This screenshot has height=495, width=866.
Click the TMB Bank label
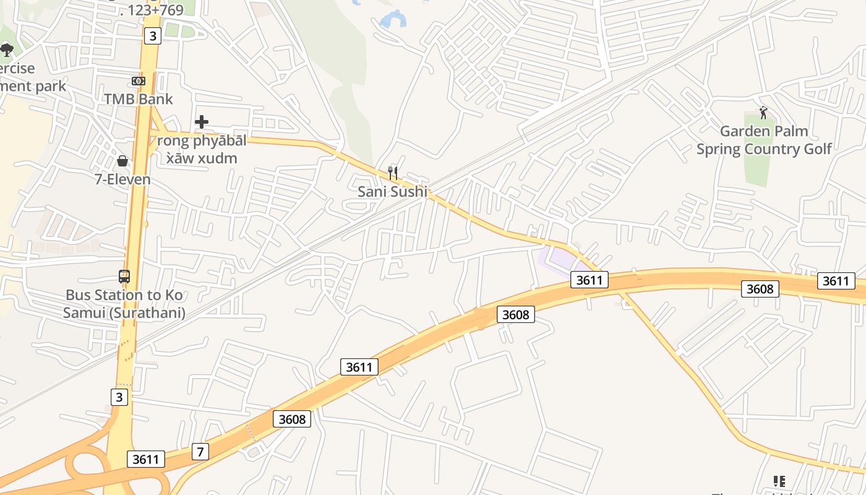pos(138,99)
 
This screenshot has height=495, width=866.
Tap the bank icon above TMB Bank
pos(139,81)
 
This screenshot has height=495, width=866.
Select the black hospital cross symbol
pos(201,122)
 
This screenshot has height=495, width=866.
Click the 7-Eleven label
pos(122,179)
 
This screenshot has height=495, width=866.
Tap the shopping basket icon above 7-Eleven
pos(122,161)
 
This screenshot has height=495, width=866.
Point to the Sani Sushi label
pos(392,192)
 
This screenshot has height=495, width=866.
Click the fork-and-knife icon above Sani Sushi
pos(392,173)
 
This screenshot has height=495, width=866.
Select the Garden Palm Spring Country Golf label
pos(764,140)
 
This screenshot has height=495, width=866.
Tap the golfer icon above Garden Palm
pos(763,113)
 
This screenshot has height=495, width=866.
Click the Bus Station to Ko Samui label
pos(124,304)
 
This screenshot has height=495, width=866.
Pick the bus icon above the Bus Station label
pos(124,277)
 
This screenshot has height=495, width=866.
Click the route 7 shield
pos(199,452)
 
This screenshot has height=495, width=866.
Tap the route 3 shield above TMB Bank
pos(152,36)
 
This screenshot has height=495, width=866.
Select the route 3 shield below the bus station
pos(120,397)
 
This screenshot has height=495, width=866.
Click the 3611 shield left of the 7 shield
pos(146,459)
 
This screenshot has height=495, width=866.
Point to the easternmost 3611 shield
pos(836,281)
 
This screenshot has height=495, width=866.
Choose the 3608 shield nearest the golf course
pos(760,288)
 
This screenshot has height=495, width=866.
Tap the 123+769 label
pos(152,10)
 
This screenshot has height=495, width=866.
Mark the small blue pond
pos(393,20)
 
